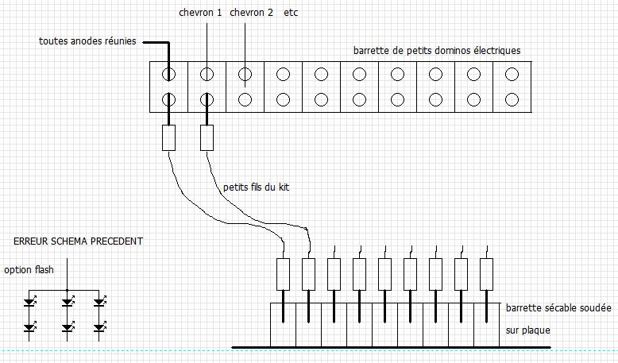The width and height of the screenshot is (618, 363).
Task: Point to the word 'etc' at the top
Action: click(x=292, y=14)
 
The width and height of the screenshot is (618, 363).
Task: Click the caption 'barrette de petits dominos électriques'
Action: click(x=436, y=51)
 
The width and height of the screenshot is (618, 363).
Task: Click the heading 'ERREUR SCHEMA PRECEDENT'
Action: click(x=79, y=241)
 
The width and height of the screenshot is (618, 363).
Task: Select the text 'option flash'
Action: click(x=29, y=270)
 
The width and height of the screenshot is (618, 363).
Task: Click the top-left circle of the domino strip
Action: click(x=168, y=75)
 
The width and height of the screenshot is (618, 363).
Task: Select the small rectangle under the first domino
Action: click(x=168, y=138)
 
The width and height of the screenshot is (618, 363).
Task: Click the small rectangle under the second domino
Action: click(x=207, y=138)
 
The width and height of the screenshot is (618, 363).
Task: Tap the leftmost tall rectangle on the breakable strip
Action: click(x=283, y=274)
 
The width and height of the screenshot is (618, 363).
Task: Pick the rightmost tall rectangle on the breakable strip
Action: click(x=486, y=274)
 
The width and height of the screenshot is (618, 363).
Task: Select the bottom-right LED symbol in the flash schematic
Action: click(x=99, y=326)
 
